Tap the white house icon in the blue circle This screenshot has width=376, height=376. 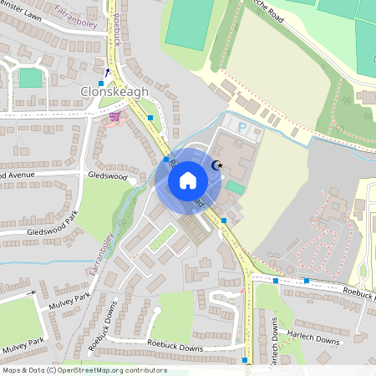(188, 180)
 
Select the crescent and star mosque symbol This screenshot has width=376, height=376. (219, 165)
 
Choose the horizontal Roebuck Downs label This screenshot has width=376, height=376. (175, 343)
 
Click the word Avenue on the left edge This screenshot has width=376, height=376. (18, 175)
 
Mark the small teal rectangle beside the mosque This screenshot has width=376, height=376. (236, 189)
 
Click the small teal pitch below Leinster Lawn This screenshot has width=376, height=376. (30, 78)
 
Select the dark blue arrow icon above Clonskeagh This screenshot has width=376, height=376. (106, 71)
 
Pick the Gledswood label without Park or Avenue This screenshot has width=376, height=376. (107, 176)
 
